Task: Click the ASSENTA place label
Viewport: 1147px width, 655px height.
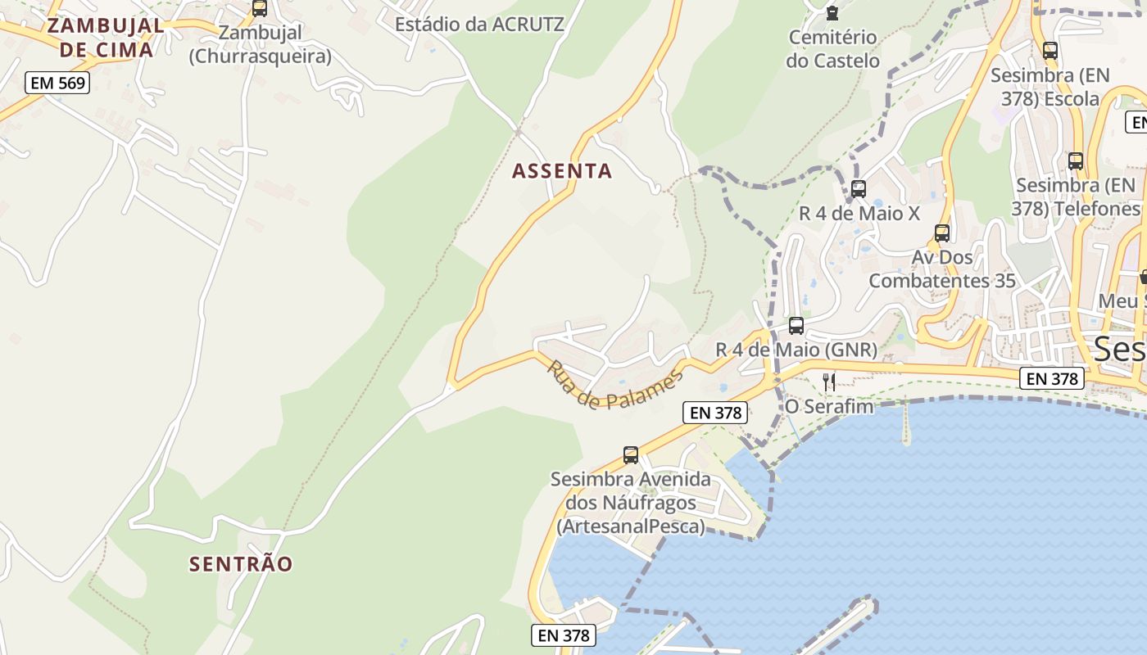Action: point(562,171)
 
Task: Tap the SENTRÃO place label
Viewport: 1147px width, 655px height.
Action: point(241,564)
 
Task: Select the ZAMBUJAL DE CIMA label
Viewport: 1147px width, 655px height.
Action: point(106,37)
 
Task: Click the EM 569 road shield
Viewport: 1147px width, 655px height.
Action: point(57,83)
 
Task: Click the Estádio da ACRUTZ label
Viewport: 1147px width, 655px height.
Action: point(479,25)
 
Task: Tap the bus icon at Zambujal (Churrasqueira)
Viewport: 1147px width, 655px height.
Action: point(260,9)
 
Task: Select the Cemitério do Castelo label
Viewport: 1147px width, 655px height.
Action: point(832,49)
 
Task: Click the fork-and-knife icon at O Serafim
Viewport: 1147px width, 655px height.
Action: point(829,382)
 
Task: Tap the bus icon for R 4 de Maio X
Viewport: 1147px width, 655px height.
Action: point(859,189)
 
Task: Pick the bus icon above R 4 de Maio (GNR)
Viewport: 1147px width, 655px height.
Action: point(796,326)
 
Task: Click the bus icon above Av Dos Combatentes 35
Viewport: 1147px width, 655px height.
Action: point(942,233)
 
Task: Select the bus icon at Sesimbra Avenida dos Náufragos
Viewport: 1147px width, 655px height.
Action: point(630,455)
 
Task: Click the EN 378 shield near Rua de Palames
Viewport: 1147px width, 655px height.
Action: point(715,413)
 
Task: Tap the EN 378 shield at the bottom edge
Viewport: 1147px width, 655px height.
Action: point(563,635)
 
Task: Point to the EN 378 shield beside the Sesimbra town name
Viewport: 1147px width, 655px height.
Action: point(1053,379)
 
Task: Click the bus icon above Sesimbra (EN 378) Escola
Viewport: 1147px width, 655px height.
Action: point(1050,51)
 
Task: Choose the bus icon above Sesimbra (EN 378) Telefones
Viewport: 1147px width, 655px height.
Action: point(1076,161)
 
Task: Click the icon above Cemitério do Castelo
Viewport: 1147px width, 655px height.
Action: point(832,13)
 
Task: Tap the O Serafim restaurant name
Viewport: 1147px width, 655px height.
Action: point(829,406)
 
